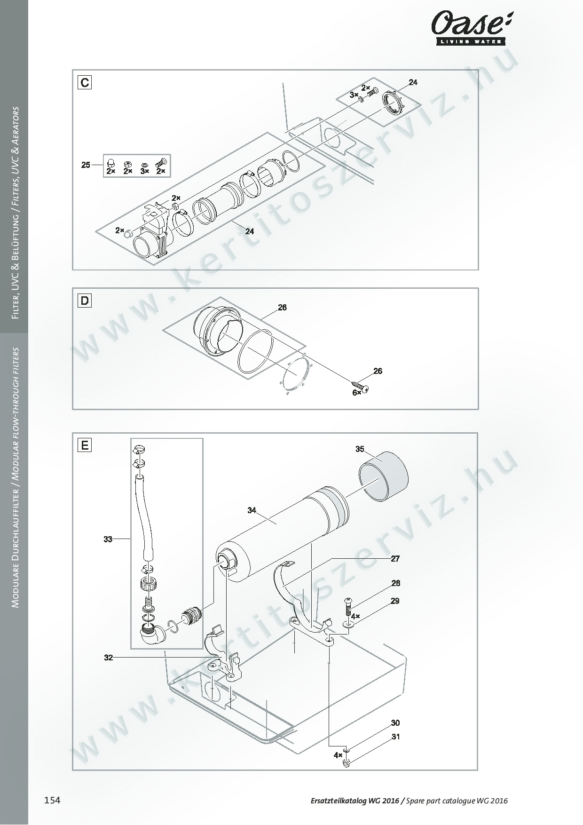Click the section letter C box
click(x=85, y=83)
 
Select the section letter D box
click(x=85, y=301)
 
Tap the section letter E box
click(x=85, y=445)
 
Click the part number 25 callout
click(x=86, y=165)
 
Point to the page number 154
click(x=52, y=800)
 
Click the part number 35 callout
click(x=360, y=449)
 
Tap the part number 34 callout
click(x=252, y=510)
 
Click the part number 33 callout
click(x=108, y=539)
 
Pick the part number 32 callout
click(x=109, y=658)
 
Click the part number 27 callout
click(x=395, y=559)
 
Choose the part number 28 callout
click(x=396, y=583)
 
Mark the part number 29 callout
click(x=395, y=601)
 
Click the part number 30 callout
click(x=395, y=723)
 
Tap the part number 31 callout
click(x=395, y=737)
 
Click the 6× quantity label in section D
click(x=357, y=392)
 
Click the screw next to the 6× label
click(x=360, y=387)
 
